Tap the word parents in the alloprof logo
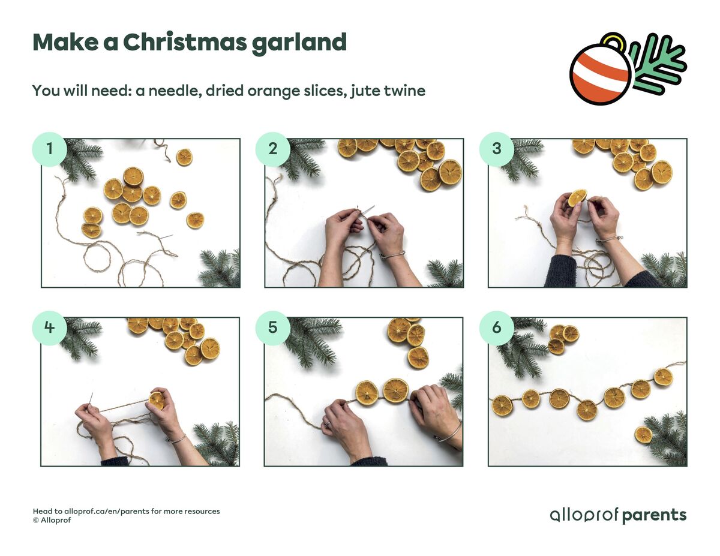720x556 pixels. click(x=654, y=515)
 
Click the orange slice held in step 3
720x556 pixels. click(x=577, y=197)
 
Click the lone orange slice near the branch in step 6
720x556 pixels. click(x=643, y=434)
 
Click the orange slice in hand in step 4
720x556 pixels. click(x=157, y=400)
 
